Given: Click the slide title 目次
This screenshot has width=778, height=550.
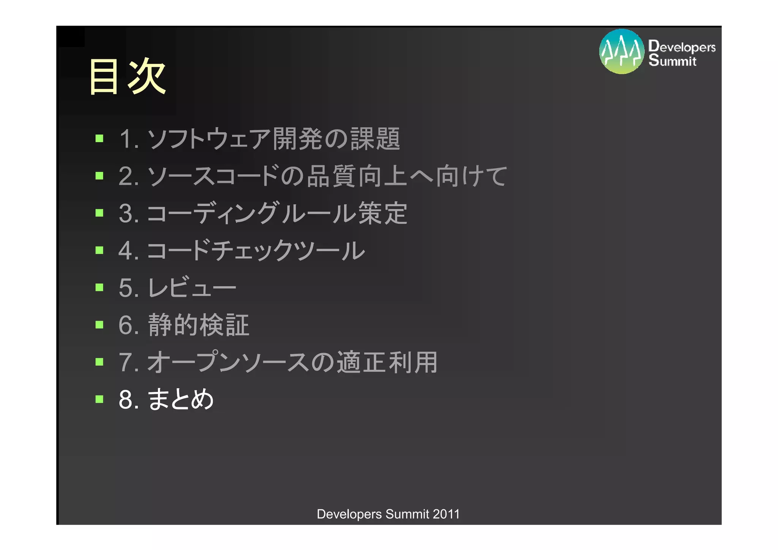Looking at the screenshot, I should click(127, 76).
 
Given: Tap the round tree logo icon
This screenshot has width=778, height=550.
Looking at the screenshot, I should click(621, 52).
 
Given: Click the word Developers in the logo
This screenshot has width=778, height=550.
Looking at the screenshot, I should click(682, 46).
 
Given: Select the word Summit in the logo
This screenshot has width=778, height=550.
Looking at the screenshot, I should click(672, 60).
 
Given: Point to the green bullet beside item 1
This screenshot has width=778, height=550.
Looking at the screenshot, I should click(100, 138).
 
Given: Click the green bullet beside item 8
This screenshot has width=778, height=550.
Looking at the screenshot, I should click(100, 399).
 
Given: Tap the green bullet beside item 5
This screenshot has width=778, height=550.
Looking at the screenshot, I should click(100, 287).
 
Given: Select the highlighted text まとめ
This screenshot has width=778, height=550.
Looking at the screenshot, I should click(180, 399).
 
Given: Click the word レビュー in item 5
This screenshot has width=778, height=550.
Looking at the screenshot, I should click(192, 288).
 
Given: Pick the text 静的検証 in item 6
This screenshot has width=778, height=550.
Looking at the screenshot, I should click(198, 325).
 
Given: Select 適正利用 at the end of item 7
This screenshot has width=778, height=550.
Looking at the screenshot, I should click(387, 362).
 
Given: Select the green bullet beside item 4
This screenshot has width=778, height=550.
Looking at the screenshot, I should click(100, 250).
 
